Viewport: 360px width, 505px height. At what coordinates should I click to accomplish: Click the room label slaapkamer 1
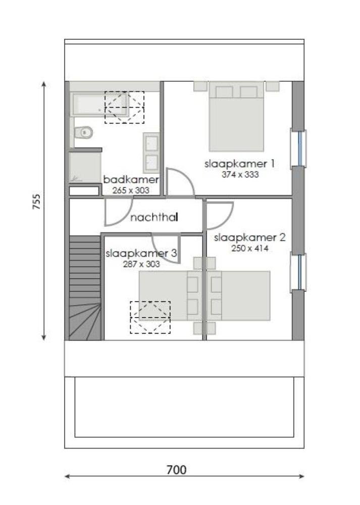240,164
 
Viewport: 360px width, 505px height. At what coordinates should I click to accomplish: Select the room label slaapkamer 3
141,254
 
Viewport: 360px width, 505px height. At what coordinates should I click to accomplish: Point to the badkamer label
131,180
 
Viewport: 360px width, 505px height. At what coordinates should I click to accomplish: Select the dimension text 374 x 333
240,175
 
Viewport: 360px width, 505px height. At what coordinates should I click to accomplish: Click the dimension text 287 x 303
141,264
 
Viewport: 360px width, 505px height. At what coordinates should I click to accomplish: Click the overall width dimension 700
176,470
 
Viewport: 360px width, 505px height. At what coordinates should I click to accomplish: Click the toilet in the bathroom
83,132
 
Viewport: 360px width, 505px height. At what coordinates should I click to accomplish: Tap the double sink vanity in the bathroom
151,153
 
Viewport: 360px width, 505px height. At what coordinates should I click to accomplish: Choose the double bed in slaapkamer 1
237,119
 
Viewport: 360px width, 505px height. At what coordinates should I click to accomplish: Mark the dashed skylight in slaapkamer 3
150,317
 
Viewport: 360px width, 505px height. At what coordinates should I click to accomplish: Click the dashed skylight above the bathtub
124,107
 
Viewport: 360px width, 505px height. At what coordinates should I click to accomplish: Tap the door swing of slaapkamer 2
218,215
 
